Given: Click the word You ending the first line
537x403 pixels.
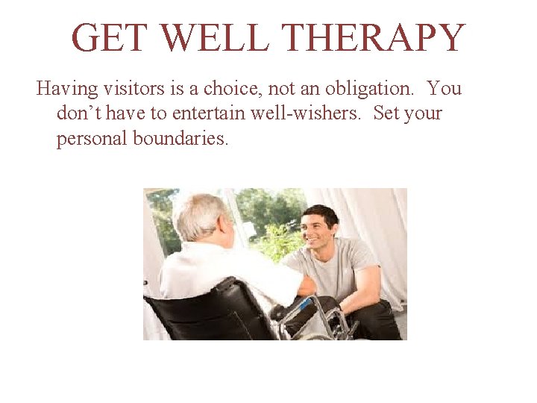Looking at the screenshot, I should pos(445,89).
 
